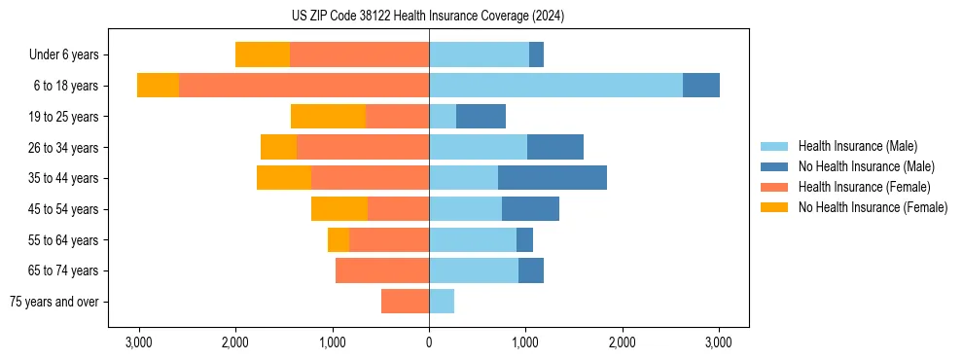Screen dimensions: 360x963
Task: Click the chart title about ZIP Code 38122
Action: pyautogui.click(x=428, y=17)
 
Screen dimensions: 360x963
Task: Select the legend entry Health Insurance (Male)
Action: pyautogui.click(x=857, y=146)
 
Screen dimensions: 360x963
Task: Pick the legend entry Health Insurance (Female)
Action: pyautogui.click(x=864, y=187)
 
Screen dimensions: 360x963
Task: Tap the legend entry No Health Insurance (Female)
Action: pyautogui.click(x=873, y=207)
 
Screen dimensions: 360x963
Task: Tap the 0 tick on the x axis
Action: pyautogui.click(x=429, y=342)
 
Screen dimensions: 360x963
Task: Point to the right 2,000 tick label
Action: pyautogui.click(x=622, y=342)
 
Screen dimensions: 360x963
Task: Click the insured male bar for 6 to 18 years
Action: pyautogui.click(x=555, y=86)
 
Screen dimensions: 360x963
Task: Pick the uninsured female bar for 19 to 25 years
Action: pyautogui.click(x=328, y=117)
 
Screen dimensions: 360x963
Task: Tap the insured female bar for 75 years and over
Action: pyautogui.click(x=405, y=302)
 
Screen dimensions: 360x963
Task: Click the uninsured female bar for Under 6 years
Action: pyautogui.click(x=263, y=55)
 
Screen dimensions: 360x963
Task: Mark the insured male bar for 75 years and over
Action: pyautogui.click(x=442, y=302)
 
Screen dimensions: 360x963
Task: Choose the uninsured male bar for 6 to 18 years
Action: pyautogui.click(x=701, y=86)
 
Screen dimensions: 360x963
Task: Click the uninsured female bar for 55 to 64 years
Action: pyautogui.click(x=339, y=240)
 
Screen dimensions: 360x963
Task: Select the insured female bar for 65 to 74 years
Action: pyautogui.click(x=382, y=270)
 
